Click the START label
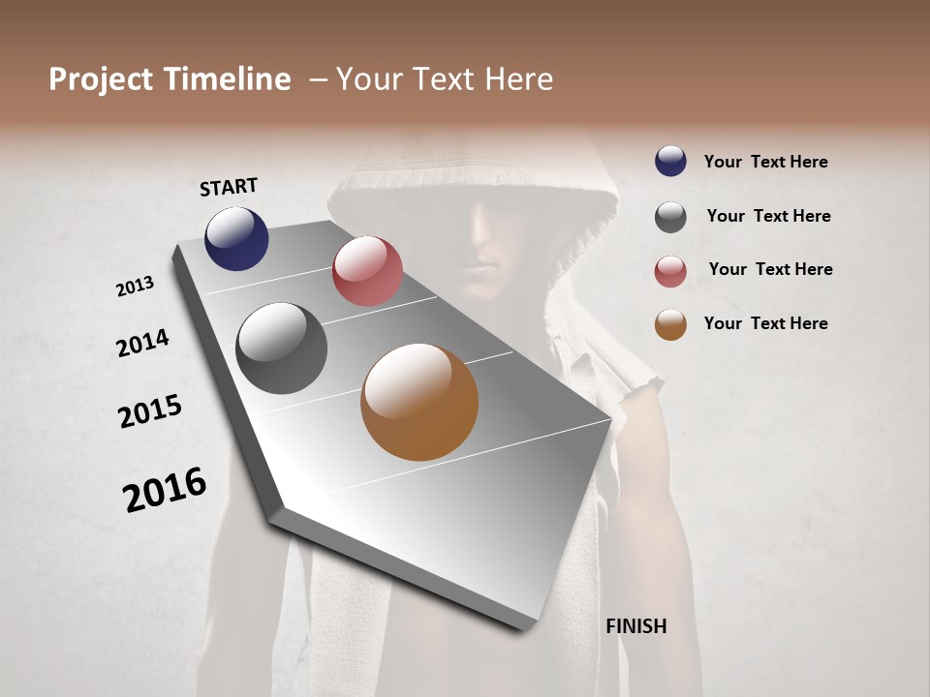[x=229, y=187]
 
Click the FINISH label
[x=635, y=626]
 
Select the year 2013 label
[x=136, y=287]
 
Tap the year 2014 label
[x=142, y=343]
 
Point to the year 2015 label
[x=150, y=410]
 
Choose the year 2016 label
[x=165, y=489]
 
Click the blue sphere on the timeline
[x=236, y=238]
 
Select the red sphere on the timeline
[x=367, y=270]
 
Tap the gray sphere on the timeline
[x=281, y=348]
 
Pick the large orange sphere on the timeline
[x=419, y=402]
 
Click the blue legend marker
[x=670, y=161]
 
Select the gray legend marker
[x=670, y=217]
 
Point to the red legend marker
[x=670, y=271]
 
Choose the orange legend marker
[x=670, y=324]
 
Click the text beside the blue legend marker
[x=765, y=162]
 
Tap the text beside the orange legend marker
[x=765, y=323]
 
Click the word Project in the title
[x=101, y=79]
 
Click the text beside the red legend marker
[x=770, y=269]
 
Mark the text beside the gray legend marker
[x=768, y=216]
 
